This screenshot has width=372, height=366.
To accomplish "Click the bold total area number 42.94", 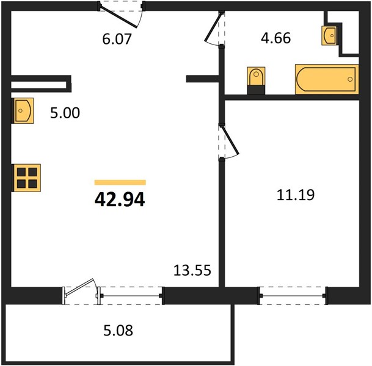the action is [120, 199].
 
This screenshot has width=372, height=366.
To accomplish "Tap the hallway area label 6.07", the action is [117, 39].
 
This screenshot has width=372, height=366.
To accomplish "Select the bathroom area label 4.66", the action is [275, 38].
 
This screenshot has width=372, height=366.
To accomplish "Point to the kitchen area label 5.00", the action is [65, 113].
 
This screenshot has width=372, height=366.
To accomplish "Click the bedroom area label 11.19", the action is [296, 195].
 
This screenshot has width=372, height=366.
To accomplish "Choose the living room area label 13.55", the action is [192, 270].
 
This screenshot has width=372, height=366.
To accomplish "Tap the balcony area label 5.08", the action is [118, 331].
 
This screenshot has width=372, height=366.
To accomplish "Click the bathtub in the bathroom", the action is [327, 79].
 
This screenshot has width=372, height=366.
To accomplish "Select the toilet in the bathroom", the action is [256, 81].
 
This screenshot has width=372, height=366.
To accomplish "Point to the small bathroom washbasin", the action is [329, 35].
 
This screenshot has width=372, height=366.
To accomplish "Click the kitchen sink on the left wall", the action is [23, 110].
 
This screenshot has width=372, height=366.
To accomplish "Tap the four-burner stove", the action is [27, 178].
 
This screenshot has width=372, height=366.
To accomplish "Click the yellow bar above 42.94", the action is [120, 182].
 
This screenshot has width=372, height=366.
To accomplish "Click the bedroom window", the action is [293, 296].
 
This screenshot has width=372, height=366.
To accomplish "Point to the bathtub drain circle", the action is [350, 79].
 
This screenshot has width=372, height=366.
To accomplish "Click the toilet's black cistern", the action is [256, 90].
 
